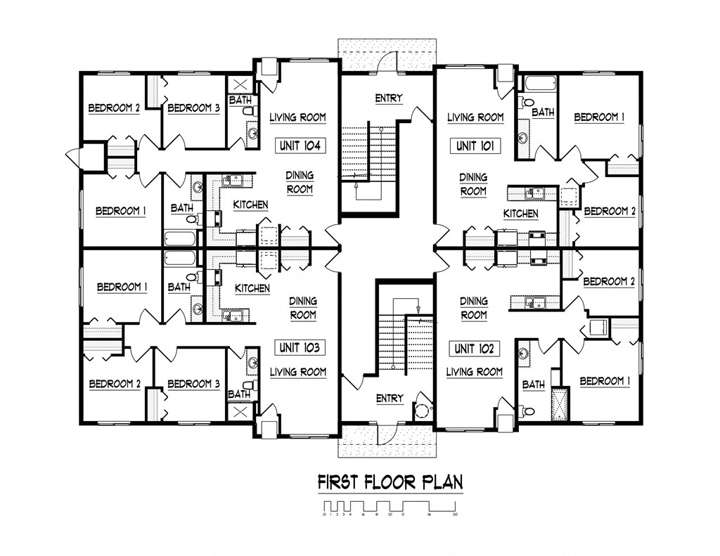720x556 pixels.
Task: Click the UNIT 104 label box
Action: (300, 146)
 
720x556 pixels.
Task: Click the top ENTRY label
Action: (389, 98)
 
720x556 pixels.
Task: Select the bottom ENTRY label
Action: (390, 399)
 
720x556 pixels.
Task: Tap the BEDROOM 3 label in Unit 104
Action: (193, 108)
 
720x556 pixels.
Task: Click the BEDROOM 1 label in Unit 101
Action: (599, 117)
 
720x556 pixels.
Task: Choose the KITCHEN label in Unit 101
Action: (521, 214)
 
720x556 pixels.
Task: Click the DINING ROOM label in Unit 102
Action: (474, 308)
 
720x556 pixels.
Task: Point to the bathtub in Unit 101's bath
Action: (539, 83)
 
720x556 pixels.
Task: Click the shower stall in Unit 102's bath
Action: (560, 403)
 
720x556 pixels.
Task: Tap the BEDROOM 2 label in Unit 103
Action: (114, 384)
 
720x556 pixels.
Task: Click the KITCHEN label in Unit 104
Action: (250, 205)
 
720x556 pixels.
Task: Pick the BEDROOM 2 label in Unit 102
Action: (609, 282)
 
